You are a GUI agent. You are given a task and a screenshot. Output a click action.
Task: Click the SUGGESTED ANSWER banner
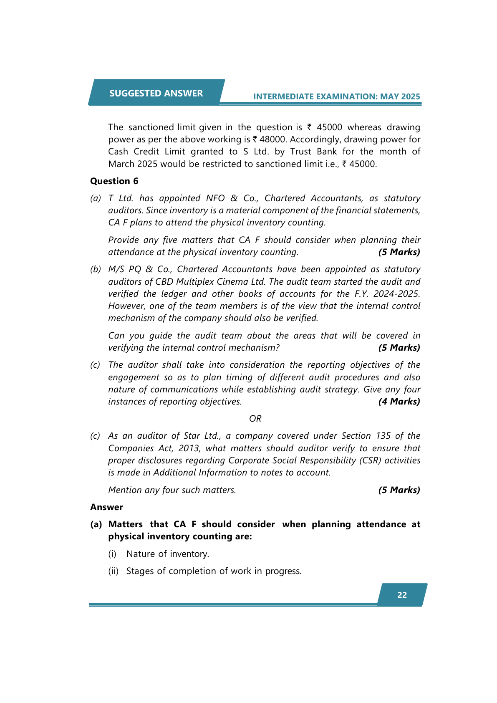point(156,93)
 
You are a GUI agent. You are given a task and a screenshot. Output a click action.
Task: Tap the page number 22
point(402,595)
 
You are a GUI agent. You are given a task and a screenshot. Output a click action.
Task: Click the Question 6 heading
point(114,181)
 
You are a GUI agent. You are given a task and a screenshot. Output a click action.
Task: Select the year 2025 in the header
point(411,96)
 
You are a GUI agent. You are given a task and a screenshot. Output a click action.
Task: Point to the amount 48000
point(272,139)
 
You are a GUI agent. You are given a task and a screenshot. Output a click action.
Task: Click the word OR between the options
point(255,419)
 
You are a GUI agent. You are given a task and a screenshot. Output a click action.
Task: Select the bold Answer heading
point(106,507)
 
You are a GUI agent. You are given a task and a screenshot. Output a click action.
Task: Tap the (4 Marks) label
point(399,402)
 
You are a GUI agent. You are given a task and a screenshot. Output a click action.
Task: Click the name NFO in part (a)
point(215,198)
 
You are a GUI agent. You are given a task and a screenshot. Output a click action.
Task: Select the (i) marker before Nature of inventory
point(112,554)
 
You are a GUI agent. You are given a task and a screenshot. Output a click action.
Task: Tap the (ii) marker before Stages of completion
point(114,571)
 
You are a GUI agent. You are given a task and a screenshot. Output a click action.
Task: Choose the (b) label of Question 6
point(96,269)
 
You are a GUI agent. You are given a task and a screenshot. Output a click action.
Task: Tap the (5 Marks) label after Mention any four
point(399,490)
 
